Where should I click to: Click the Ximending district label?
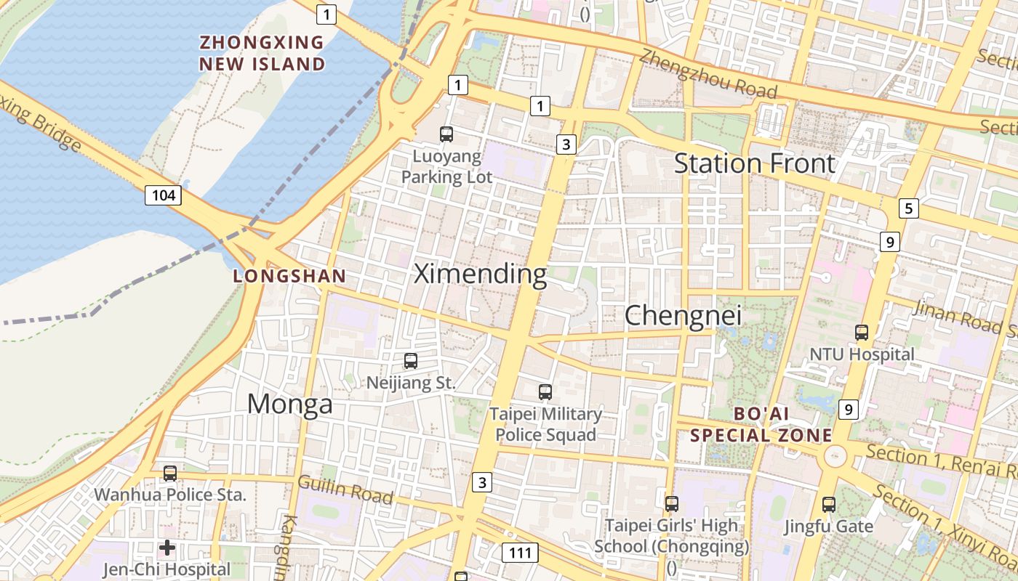[480, 274]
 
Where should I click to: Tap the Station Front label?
[754, 163]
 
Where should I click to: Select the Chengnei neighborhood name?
[683, 315]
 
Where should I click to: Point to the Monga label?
[289, 404]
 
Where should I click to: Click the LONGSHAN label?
[289, 276]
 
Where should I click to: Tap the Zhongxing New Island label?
[262, 53]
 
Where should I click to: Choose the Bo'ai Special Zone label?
[761, 425]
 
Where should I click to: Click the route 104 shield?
[163, 195]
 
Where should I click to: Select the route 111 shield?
[521, 553]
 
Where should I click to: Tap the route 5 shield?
[907, 208]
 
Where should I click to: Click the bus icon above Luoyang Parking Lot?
[446, 134]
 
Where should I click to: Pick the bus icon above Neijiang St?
[411, 360]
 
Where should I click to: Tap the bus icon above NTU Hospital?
[862, 333]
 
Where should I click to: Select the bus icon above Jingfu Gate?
[828, 504]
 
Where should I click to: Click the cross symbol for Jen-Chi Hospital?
[167, 548]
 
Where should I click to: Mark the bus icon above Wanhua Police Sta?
[170, 474]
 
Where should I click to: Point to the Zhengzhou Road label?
[708, 74]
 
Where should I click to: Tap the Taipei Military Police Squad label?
[545, 425]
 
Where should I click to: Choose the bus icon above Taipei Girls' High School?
[671, 503]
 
